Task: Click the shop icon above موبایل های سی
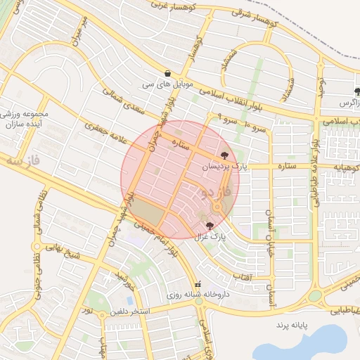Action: (x=167, y=73)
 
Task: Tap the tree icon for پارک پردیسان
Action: (x=225, y=155)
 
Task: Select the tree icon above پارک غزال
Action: (x=210, y=226)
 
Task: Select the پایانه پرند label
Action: (x=292, y=327)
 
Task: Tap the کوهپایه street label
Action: (x=345, y=167)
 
